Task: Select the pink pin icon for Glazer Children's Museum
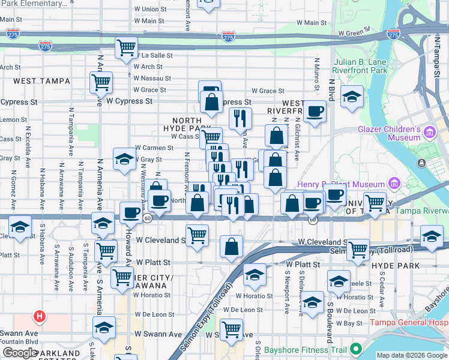tap(430, 131)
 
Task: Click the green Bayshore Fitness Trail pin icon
tap(356, 348)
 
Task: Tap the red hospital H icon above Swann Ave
tap(39, 316)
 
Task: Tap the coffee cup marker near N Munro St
tap(315, 111)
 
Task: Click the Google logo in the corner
tap(20, 353)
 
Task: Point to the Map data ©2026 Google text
tap(411, 355)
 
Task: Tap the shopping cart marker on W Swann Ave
tap(231, 328)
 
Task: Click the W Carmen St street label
tap(154, 147)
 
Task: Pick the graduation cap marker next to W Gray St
tap(124, 159)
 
